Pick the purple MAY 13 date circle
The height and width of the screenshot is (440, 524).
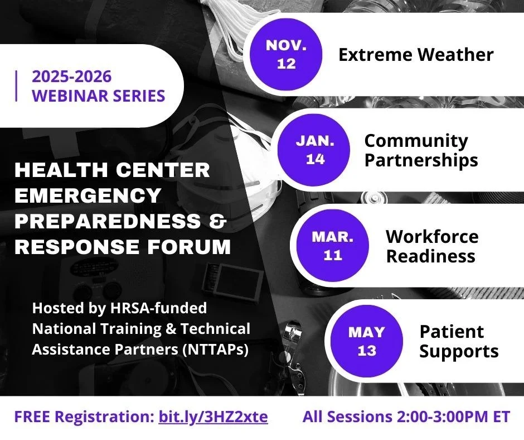366,341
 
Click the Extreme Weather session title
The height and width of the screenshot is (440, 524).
416,55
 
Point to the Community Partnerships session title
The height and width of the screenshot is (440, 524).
421,150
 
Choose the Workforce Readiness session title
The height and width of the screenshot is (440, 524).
431,246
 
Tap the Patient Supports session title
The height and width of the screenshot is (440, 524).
458,341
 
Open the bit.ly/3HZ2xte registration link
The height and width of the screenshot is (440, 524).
213,417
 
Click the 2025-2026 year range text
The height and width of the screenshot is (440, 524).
71,76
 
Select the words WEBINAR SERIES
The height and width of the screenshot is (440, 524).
99,95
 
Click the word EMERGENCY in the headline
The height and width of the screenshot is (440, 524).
88,195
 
